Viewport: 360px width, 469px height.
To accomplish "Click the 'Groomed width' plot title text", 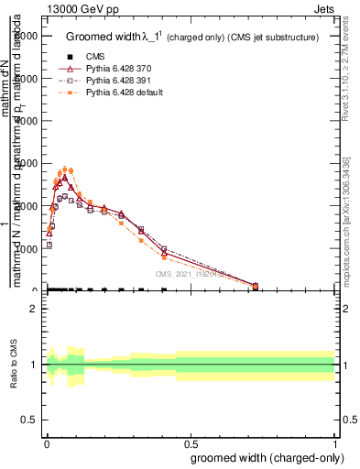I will click(x=101, y=38).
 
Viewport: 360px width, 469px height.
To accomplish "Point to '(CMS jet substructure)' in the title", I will click(x=273, y=38).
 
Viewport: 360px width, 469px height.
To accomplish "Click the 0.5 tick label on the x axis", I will click(x=190, y=442).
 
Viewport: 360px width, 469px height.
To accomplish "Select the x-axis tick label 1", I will click(x=335, y=442).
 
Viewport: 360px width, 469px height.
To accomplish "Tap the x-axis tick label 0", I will click(x=45, y=442).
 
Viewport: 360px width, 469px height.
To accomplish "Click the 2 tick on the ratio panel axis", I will click(x=35, y=309).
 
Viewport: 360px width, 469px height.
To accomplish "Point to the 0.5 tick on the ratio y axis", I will click(x=30, y=419).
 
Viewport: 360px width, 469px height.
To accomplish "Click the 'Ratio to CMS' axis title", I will click(x=14, y=364).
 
